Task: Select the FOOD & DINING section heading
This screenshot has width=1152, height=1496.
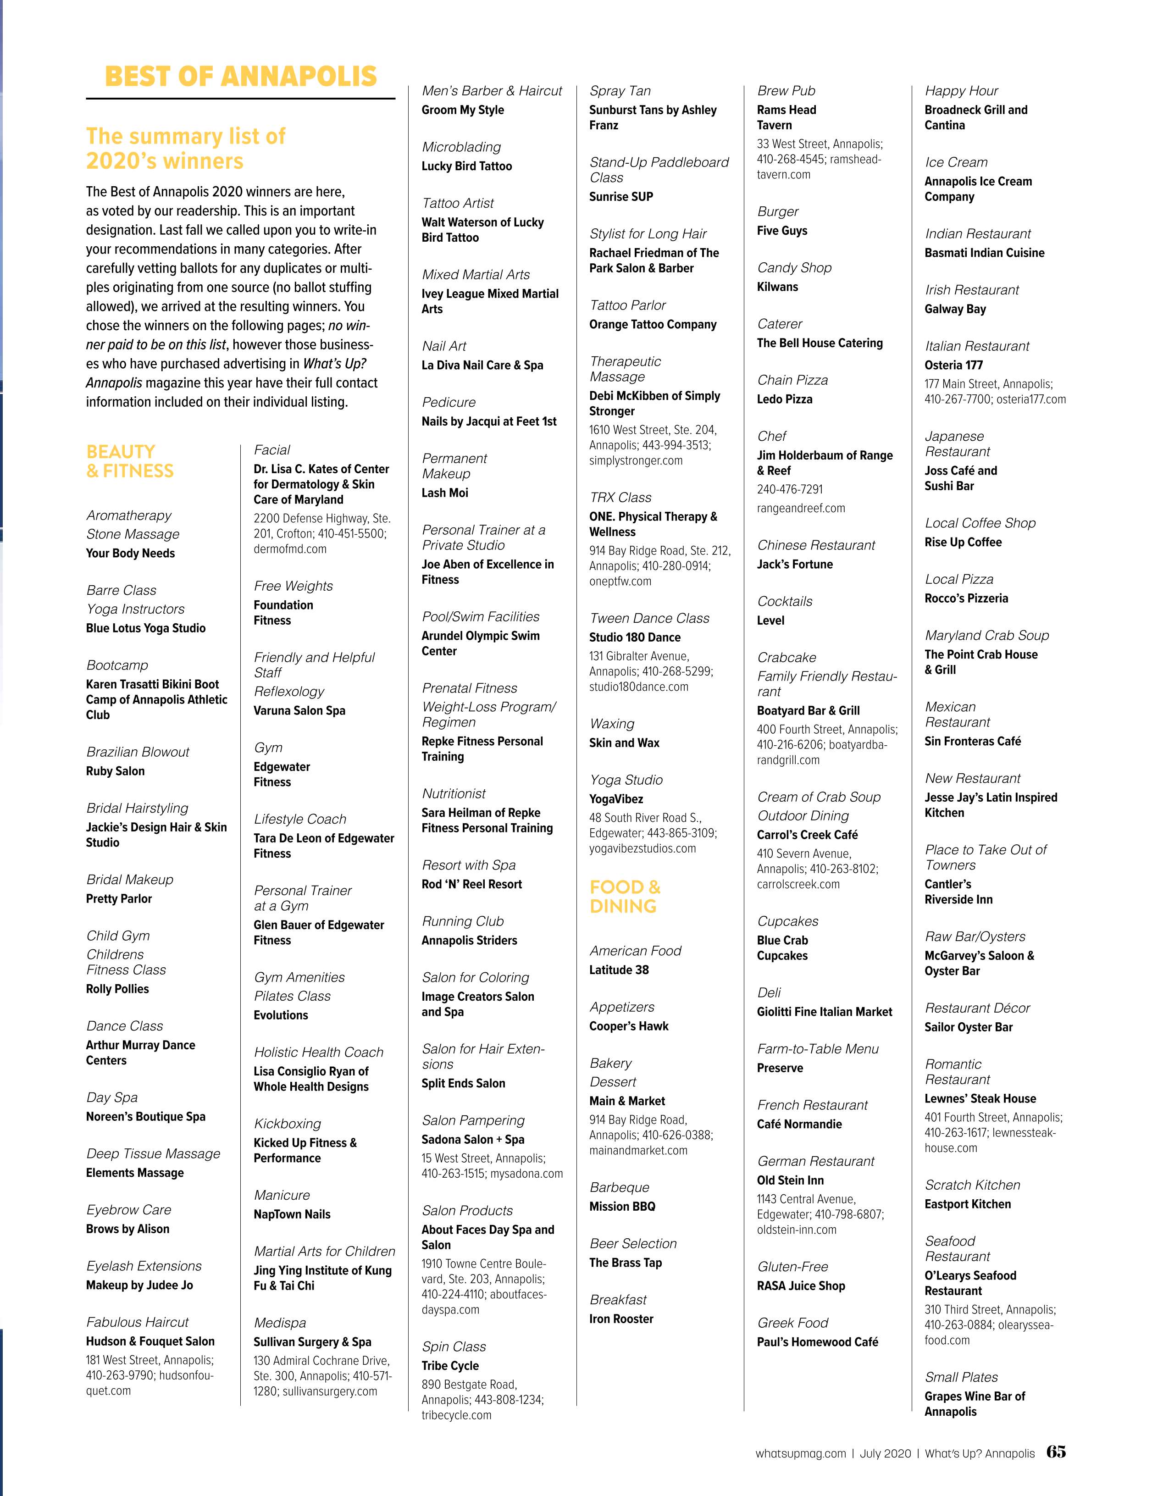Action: (625, 896)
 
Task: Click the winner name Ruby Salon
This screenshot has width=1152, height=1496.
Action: (115, 770)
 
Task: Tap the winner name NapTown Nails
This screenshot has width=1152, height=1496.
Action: (292, 1214)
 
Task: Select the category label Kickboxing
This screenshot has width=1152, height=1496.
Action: (287, 1123)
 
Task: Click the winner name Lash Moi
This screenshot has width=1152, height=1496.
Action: (444, 493)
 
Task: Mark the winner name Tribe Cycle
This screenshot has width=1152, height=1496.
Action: (450, 1365)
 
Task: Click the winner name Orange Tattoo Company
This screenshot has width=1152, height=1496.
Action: (653, 324)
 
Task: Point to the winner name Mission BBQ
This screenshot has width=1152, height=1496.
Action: (622, 1206)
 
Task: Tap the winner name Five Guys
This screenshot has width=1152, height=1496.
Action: (781, 231)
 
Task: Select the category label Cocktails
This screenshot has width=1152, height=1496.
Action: (784, 601)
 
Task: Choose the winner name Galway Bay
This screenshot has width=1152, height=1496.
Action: (955, 309)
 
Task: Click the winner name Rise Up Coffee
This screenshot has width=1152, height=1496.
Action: (962, 542)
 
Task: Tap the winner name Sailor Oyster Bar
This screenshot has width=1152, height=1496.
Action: (968, 1027)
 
